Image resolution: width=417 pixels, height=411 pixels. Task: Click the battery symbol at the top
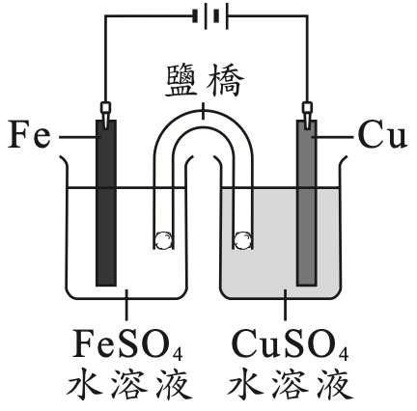[210, 16]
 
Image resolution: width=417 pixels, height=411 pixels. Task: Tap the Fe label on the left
[29, 134]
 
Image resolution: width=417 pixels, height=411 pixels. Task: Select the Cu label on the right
[382, 134]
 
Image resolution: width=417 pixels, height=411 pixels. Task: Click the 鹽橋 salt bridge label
[205, 81]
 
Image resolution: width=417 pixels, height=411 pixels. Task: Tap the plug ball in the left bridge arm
[163, 240]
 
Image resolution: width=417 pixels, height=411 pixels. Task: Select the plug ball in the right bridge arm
[242, 240]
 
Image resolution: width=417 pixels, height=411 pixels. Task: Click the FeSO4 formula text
[127, 344]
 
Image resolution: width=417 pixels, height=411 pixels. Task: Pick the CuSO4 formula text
[290, 344]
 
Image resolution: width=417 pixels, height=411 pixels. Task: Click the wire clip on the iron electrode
[105, 115]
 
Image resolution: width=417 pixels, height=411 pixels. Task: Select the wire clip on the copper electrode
[307, 115]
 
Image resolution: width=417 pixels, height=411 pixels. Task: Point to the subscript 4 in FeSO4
[178, 353]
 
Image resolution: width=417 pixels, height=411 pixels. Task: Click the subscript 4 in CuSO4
[343, 353]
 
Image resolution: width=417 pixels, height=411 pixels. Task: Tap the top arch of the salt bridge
[203, 119]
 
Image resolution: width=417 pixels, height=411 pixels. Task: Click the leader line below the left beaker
[126, 305]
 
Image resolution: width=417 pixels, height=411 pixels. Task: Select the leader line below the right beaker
[285, 305]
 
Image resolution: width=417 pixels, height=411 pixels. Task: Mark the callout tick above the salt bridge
[203, 111]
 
